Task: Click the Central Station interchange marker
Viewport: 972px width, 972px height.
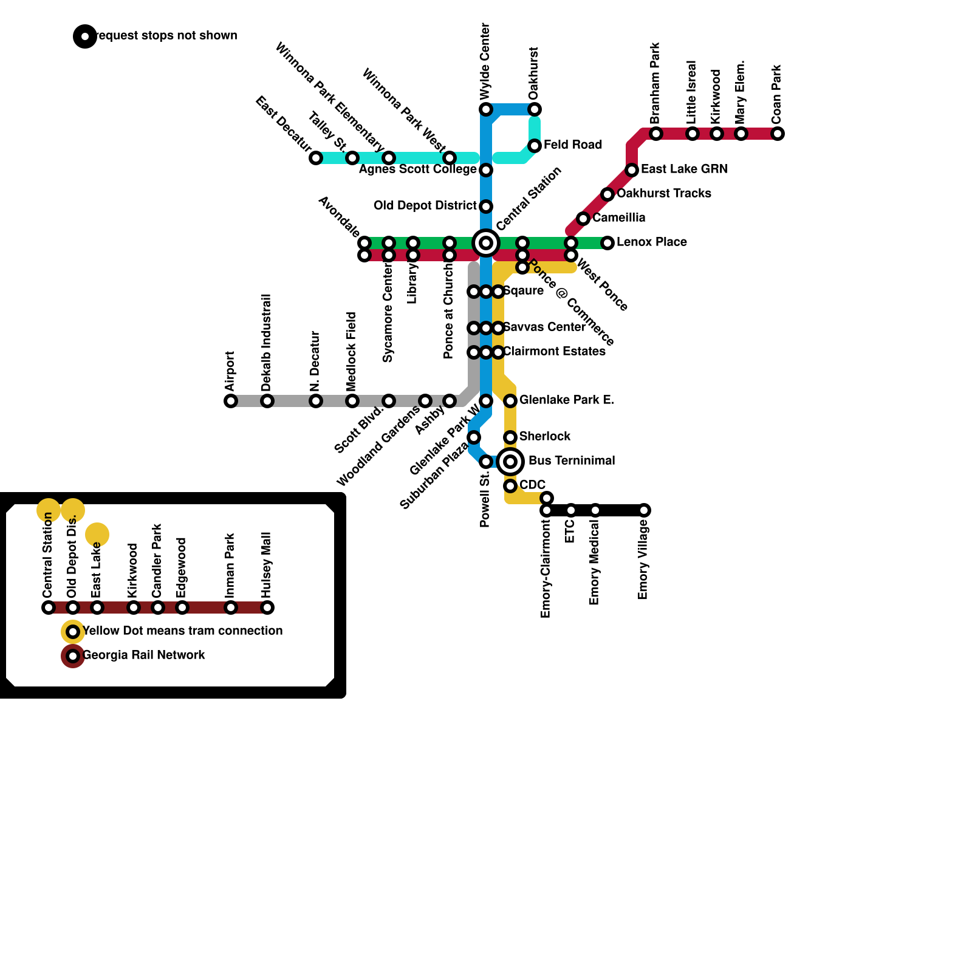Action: (x=486, y=243)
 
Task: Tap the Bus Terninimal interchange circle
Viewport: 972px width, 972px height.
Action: (x=510, y=462)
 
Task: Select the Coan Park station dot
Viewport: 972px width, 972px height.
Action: (x=778, y=134)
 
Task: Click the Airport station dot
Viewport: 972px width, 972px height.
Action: (x=231, y=401)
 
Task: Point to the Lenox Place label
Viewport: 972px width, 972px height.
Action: (x=651, y=242)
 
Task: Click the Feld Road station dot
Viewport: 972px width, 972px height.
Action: (x=535, y=146)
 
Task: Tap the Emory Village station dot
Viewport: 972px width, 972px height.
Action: (x=644, y=510)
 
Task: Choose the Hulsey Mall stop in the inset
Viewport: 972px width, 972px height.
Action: (x=267, y=607)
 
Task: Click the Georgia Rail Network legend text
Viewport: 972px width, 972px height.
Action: (x=143, y=655)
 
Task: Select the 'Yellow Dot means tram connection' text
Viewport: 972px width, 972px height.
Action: (x=182, y=631)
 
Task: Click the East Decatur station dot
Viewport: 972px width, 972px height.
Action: (x=316, y=158)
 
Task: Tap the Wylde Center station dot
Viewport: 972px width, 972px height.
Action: (x=486, y=109)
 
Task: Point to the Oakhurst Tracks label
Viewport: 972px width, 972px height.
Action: (x=663, y=194)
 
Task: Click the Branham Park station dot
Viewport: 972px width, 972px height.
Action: (x=656, y=134)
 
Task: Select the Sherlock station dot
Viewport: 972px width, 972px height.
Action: (x=510, y=437)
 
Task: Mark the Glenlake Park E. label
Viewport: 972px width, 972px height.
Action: (x=566, y=400)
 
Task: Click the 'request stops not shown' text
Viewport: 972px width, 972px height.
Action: (x=165, y=36)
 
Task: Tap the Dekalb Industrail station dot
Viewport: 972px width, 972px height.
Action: (x=267, y=401)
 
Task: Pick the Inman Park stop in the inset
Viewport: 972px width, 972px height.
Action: (x=231, y=607)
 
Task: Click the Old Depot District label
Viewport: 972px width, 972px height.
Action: (x=425, y=206)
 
